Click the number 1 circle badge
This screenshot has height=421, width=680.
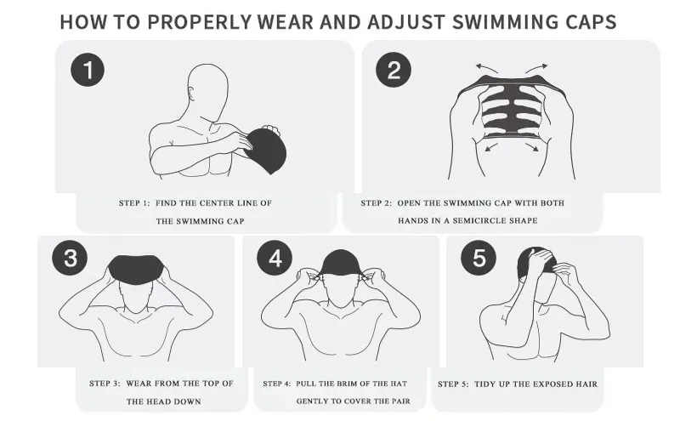point(88,70)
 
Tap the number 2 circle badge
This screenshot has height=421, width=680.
point(394,70)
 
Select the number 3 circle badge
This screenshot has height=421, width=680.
point(70,258)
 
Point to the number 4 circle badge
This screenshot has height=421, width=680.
point(275,258)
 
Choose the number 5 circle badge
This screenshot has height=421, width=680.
point(479,258)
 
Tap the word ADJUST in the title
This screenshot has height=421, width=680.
point(405,22)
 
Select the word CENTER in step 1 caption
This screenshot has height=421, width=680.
point(217,202)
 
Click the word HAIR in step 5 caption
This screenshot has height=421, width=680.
point(586,384)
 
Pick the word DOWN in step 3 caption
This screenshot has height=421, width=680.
point(189,401)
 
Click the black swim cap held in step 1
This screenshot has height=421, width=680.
point(266,150)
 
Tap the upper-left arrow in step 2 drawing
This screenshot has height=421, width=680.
point(486,67)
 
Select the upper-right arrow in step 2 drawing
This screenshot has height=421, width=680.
point(536,68)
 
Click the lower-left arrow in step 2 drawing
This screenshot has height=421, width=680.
point(491,148)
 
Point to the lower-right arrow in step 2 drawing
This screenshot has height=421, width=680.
point(532,148)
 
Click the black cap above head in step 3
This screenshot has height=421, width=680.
point(136,269)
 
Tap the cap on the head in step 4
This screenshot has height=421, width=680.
point(341,263)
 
